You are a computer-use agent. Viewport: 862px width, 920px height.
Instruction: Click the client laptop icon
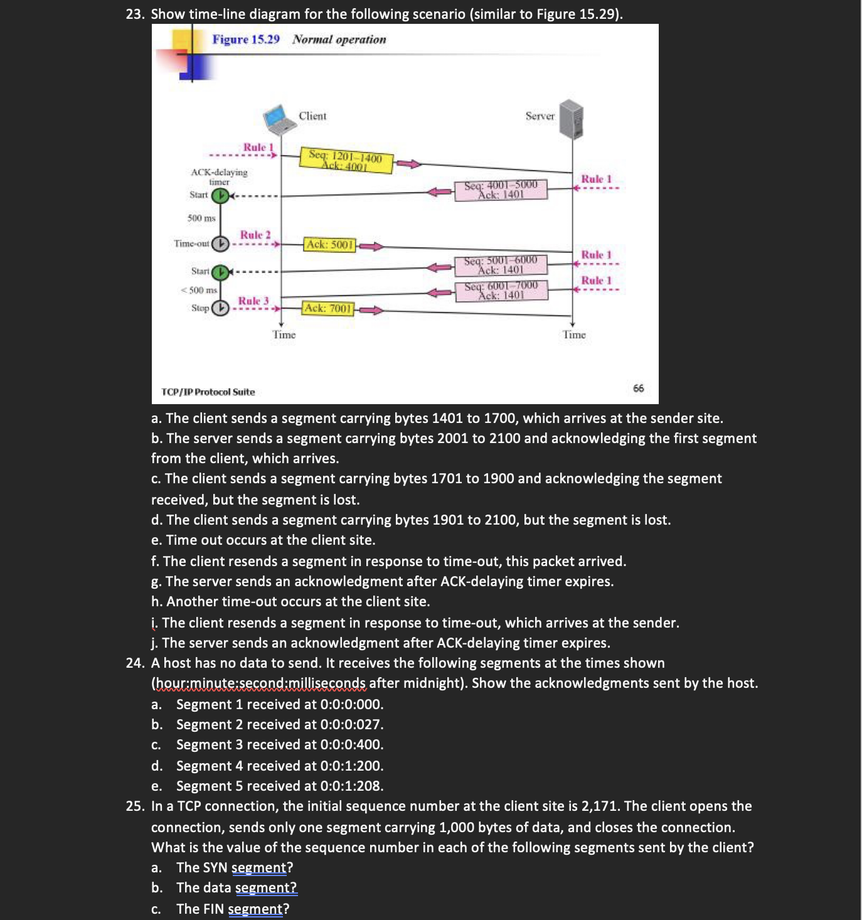click(279, 119)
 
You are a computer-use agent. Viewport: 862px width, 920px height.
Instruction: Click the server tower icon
click(572, 119)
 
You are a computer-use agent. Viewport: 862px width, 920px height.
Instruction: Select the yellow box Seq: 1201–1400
click(346, 161)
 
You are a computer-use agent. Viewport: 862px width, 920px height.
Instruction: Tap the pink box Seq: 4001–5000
click(501, 190)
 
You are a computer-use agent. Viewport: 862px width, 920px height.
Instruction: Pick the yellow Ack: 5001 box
click(330, 245)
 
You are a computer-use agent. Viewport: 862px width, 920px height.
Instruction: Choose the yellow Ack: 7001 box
click(328, 308)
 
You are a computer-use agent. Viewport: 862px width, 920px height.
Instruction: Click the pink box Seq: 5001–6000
click(501, 265)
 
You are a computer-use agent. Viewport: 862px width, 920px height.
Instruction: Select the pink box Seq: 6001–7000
click(501, 290)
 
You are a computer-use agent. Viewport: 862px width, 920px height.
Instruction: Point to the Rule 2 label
click(255, 235)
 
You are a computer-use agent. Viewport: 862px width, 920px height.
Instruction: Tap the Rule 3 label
click(253, 301)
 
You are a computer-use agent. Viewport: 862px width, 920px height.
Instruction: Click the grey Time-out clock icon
click(220, 243)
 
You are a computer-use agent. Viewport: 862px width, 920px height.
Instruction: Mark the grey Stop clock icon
click(220, 308)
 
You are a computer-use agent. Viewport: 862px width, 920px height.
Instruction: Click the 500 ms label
click(201, 218)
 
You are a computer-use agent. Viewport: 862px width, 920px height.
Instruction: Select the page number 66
click(639, 388)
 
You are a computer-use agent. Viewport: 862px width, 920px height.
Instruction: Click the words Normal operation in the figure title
click(339, 40)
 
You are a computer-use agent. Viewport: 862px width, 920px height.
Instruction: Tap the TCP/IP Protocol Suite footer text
click(208, 392)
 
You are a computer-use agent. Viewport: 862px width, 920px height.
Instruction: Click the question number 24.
click(135, 663)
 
